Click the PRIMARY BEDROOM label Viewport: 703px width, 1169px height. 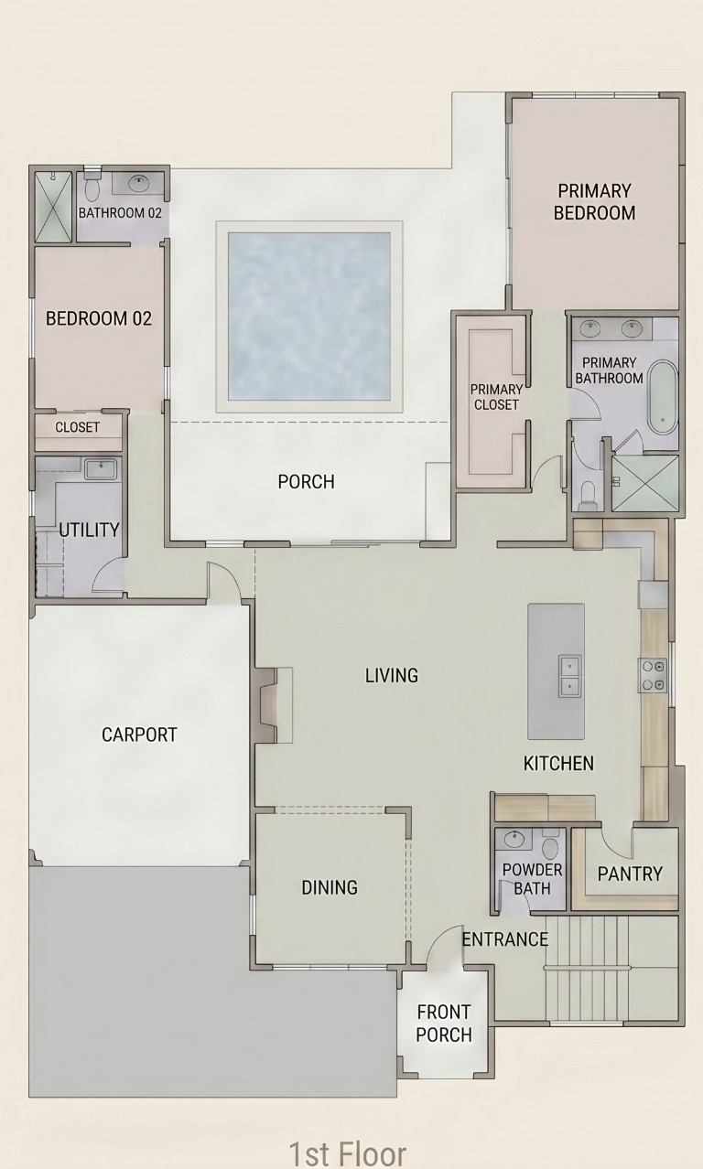pyautogui.click(x=594, y=201)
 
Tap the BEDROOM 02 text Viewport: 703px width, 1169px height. pyautogui.click(x=99, y=318)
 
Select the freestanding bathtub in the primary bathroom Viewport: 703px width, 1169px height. pyautogui.click(x=663, y=396)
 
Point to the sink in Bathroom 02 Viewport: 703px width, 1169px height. pyautogui.click(x=139, y=183)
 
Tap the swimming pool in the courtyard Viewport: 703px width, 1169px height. pyautogui.click(x=309, y=316)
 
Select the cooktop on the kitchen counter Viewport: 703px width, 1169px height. pyautogui.click(x=653, y=675)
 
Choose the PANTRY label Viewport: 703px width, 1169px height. pyautogui.click(x=630, y=874)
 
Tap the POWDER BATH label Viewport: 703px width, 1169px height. pyautogui.click(x=532, y=879)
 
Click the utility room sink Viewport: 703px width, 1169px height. pyautogui.click(x=102, y=468)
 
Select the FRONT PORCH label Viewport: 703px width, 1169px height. pyautogui.click(x=444, y=1024)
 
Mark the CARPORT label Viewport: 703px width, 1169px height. pyautogui.click(x=139, y=735)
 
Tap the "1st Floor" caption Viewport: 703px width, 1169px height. pyautogui.click(x=347, y=1153)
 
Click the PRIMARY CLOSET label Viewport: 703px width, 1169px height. pyautogui.click(x=495, y=397)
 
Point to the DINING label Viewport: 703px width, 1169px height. pyautogui.click(x=330, y=887)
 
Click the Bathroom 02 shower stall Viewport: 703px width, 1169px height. pyautogui.click(x=53, y=206)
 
